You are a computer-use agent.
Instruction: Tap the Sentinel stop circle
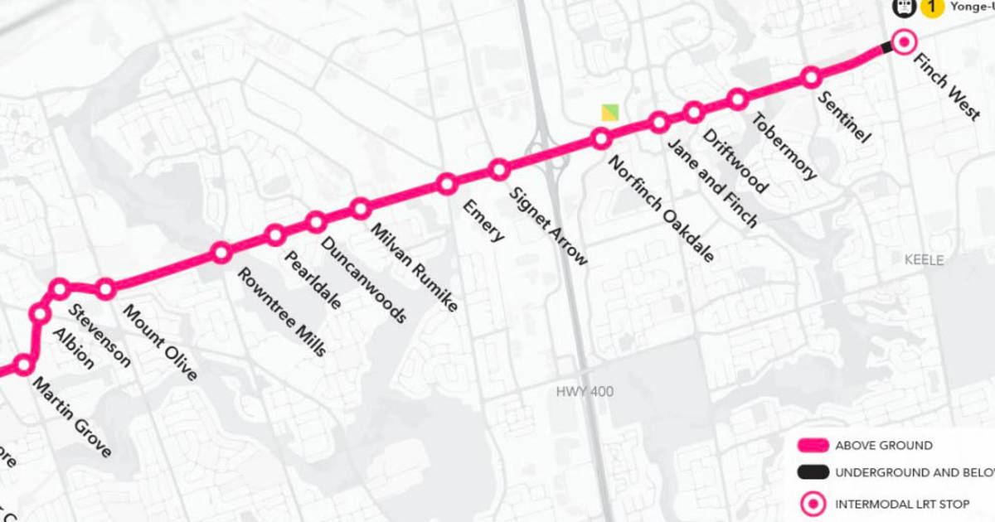(x=811, y=77)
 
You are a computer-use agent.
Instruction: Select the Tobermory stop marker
(x=737, y=99)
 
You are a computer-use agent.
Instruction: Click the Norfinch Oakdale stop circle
(x=602, y=139)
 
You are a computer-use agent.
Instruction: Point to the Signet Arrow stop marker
(x=498, y=170)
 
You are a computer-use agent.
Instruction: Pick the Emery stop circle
(x=446, y=183)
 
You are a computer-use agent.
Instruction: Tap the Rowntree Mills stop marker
(x=221, y=253)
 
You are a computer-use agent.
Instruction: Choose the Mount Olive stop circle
(x=105, y=289)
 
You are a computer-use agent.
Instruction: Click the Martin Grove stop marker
(x=24, y=365)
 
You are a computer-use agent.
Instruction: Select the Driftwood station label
(x=735, y=160)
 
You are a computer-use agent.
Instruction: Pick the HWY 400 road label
(x=585, y=391)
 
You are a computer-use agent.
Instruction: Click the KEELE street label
(x=924, y=260)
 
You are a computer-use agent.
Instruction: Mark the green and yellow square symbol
(x=610, y=113)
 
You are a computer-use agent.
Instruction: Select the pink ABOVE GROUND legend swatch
(x=813, y=446)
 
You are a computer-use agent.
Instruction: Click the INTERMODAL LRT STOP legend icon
(x=813, y=503)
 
